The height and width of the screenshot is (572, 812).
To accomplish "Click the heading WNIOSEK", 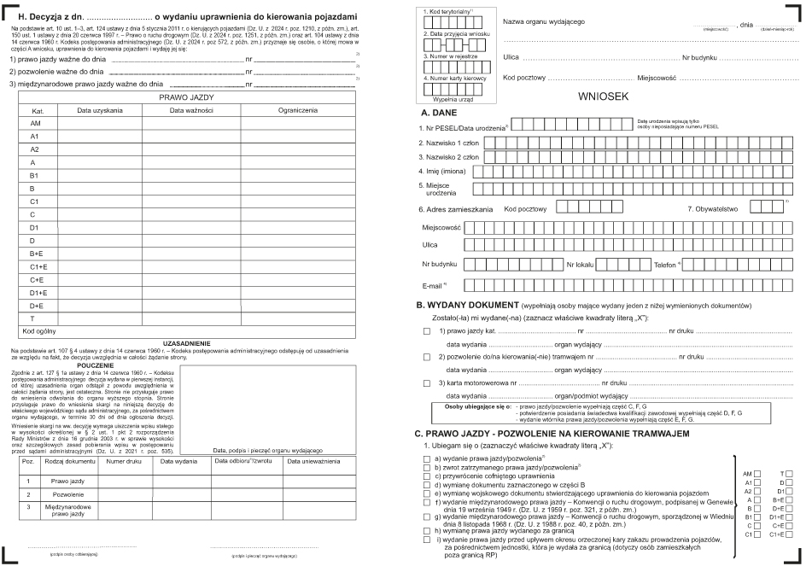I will coord(605,97).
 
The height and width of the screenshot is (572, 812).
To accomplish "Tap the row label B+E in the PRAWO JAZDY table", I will coord(37,254).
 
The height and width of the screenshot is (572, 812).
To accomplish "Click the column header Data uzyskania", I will coord(100,110).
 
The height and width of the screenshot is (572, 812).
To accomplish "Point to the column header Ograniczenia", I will coord(297,110).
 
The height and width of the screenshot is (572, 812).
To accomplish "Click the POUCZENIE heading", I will coord(102,365).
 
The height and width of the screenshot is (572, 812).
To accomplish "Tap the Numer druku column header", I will coord(124,462).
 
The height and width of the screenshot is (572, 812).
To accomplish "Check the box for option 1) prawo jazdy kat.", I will coord(427,329).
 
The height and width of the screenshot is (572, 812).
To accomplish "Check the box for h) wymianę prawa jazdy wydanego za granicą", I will coord(427,531).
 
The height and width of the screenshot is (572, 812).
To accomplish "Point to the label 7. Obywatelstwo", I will coord(716,207).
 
